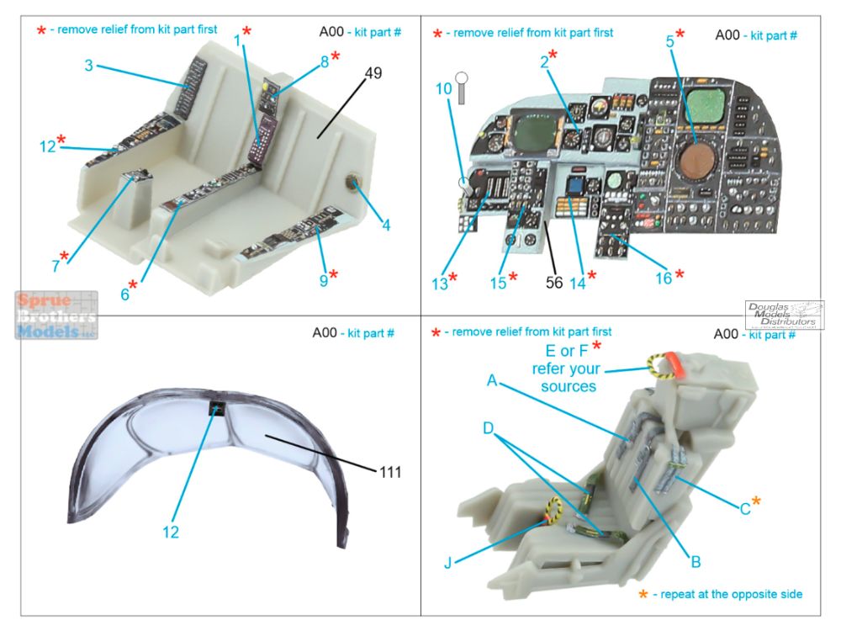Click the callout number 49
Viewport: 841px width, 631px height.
tap(373, 73)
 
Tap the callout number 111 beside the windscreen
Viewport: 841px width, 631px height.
tap(390, 472)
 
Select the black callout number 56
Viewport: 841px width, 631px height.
tap(554, 282)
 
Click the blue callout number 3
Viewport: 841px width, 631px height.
tap(89, 66)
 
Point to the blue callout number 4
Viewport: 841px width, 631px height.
tap(386, 225)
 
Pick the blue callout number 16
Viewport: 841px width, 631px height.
tap(664, 278)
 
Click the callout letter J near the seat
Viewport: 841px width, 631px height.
tap(448, 563)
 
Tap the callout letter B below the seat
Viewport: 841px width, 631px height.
tap(696, 562)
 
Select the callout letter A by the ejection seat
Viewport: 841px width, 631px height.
tap(492, 380)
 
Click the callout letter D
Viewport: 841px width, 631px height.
tap(488, 428)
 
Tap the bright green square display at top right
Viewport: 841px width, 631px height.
tap(706, 104)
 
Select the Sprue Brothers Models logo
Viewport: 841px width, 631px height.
tap(56, 315)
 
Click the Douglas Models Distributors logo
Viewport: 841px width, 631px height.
tap(784, 315)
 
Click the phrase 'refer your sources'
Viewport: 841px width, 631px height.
tap(566, 377)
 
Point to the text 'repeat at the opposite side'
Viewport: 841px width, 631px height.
tap(731, 594)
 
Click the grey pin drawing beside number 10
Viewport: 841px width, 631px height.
tap(461, 88)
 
